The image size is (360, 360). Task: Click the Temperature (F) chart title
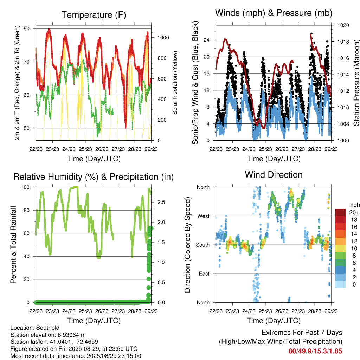click(94, 15)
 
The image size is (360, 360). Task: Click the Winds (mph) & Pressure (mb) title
click(274, 13)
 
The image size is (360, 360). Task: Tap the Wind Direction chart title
click(274, 175)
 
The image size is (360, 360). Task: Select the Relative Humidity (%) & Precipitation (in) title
click(94, 177)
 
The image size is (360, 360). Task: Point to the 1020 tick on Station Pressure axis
click(343, 25)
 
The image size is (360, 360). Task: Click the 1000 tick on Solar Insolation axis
click(163, 38)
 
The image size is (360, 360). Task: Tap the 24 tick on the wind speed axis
click(206, 40)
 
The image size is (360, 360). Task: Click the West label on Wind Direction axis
click(204, 216)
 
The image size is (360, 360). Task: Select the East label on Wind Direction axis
click(204, 274)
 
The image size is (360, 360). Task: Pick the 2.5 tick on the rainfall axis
click(161, 202)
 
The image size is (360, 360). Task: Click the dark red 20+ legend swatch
click(340, 212)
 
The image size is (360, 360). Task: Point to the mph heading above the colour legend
click(354, 205)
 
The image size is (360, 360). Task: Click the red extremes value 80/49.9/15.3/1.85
click(315, 351)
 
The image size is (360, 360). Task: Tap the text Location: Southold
click(35, 328)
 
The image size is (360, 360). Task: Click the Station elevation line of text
click(48, 335)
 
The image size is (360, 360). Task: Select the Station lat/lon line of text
click(54, 342)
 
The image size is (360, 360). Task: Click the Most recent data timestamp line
click(76, 356)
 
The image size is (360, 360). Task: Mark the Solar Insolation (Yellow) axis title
click(175, 83)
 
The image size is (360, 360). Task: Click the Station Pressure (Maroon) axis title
click(356, 83)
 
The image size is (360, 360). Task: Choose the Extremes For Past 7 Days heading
click(302, 333)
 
